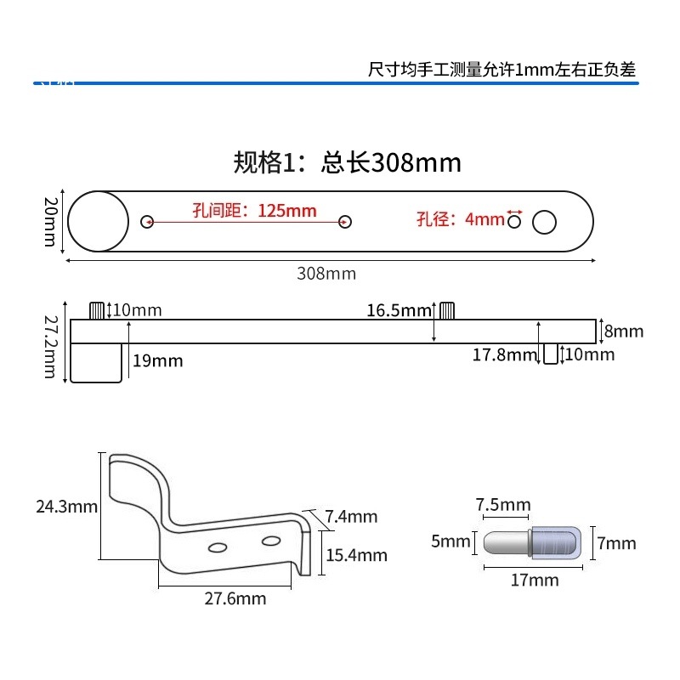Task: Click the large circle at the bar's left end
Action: pos(95,221)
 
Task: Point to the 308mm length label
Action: pos(326,274)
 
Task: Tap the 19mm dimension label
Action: pos(157,360)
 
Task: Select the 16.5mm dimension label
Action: pos(399,311)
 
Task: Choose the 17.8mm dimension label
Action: pos(504,354)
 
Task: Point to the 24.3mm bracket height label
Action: pos(66,507)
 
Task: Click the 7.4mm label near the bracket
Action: pos(351,517)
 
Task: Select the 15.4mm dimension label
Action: pos(357,556)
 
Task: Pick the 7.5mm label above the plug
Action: pos(503,506)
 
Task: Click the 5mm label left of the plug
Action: pos(450,541)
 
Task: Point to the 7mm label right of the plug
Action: pos(616,543)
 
